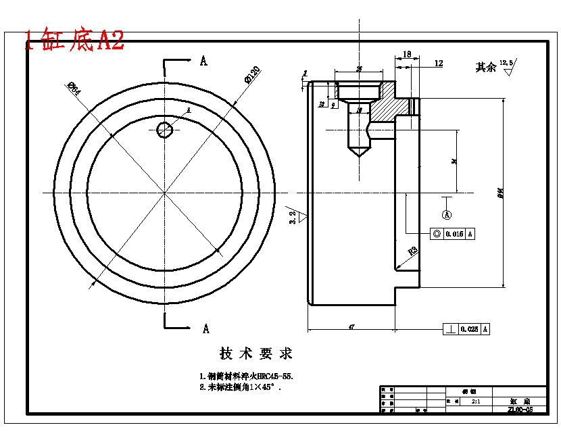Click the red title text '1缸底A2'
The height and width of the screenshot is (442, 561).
(x=74, y=40)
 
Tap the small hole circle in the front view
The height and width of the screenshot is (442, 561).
(x=165, y=129)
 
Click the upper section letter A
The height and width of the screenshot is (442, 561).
(x=203, y=62)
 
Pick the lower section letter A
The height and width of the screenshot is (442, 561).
(x=205, y=328)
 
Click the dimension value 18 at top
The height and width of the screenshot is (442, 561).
(x=407, y=54)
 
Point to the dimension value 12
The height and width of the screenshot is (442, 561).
(x=439, y=63)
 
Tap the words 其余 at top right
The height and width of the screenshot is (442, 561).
(x=485, y=67)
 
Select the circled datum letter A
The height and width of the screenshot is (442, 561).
(x=447, y=214)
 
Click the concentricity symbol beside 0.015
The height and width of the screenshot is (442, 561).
(x=437, y=234)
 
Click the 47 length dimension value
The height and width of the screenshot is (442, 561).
(x=351, y=327)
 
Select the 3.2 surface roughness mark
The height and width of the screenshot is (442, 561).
(x=295, y=216)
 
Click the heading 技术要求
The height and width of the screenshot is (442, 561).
(x=256, y=353)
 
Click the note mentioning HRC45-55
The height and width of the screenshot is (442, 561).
(x=246, y=376)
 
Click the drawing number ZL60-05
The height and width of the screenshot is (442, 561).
(x=520, y=409)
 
